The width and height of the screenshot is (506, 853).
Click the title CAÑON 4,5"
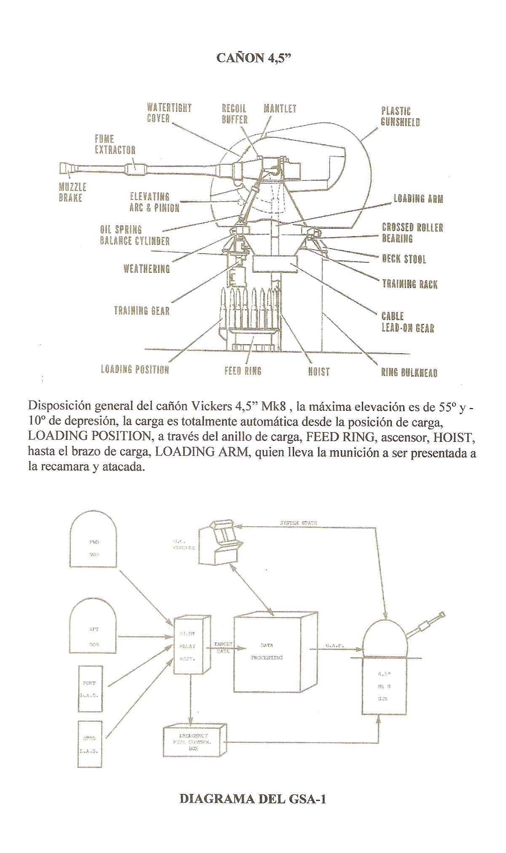coord(254,58)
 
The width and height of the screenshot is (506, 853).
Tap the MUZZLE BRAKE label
coord(72,192)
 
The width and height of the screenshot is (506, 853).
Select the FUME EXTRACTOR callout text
coord(115,144)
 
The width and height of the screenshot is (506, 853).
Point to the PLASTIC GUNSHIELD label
coord(400,117)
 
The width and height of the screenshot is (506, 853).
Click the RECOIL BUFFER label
coord(234,114)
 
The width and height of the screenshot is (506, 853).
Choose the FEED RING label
coord(243,371)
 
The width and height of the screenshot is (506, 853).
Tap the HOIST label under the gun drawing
coord(319,371)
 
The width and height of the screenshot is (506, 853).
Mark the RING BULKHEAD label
coord(409,372)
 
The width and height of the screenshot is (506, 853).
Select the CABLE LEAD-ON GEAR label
coord(407,322)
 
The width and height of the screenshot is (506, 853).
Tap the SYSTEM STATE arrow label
coord(298,523)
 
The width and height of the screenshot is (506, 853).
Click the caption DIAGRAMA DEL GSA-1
coord(253,799)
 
